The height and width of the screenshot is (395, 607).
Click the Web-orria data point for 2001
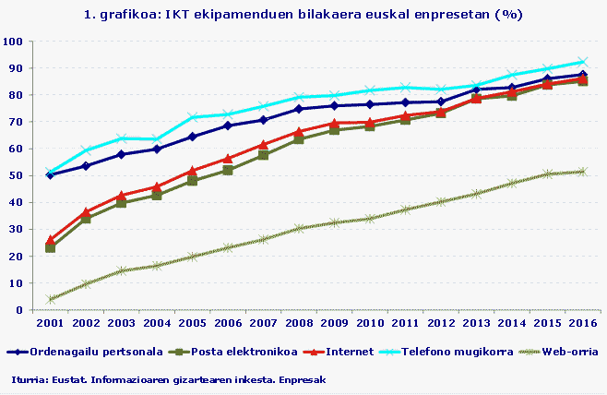50,299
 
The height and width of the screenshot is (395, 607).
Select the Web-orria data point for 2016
581,172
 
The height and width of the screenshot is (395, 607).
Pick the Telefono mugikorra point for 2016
581,62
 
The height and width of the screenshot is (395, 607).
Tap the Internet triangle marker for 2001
50,240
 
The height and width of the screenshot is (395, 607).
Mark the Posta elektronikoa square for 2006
228,171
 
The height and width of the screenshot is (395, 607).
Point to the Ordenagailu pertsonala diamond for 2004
157,149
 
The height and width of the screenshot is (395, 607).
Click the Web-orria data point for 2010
369,219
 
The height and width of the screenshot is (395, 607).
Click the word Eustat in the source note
67,379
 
